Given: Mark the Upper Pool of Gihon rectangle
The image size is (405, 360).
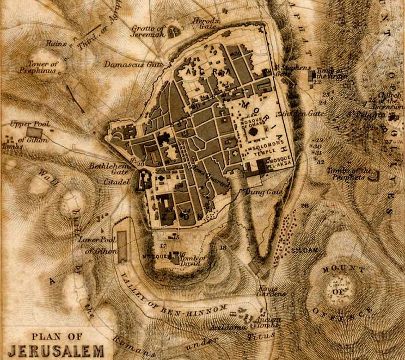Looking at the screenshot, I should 34,133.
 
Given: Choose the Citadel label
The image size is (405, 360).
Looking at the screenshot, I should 116,182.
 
